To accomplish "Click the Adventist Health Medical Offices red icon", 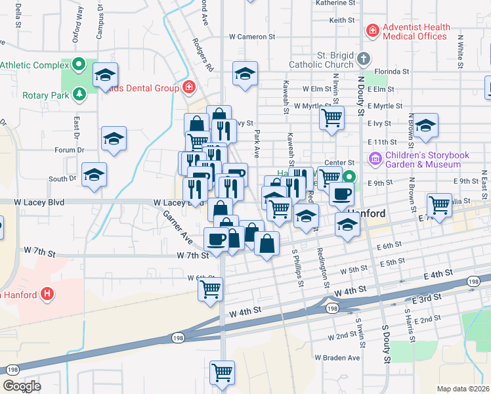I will pyautogui.click(x=372, y=30).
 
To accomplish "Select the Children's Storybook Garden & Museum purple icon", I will pyautogui.click(x=375, y=158).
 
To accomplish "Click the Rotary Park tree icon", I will pyautogui.click(x=79, y=95).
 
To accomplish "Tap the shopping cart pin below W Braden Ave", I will pyautogui.click(x=223, y=373).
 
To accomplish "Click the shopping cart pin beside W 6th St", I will pyautogui.click(x=210, y=288).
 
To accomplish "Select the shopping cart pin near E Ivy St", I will pyautogui.click(x=332, y=118).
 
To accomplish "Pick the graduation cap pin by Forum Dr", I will pyautogui.click(x=114, y=139).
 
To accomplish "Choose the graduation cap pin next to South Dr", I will pyautogui.click(x=94, y=175).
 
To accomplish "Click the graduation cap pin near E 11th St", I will pyautogui.click(x=425, y=125).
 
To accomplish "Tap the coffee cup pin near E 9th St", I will pyautogui.click(x=341, y=194).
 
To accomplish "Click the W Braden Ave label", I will pyautogui.click(x=337, y=358).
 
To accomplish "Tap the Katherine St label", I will pyautogui.click(x=335, y=3).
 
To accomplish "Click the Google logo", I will pyautogui.click(x=22, y=386).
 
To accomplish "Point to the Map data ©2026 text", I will pyautogui.click(x=463, y=389).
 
